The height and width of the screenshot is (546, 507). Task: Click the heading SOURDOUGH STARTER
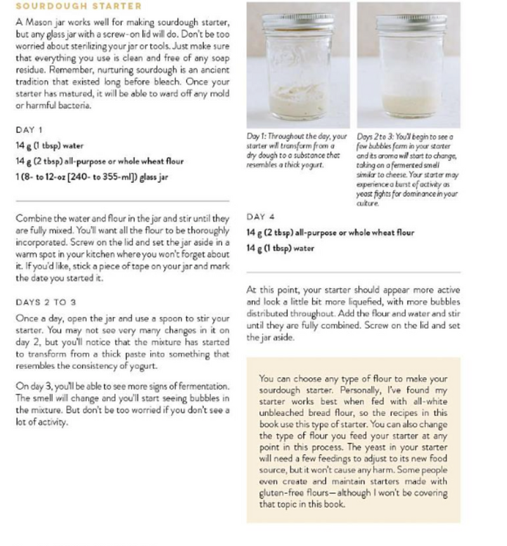[x=79, y=6]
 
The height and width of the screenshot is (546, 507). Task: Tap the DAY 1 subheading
[x=29, y=130]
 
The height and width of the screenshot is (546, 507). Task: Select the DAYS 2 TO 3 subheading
[x=46, y=302]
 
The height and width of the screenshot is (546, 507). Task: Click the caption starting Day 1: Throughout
[x=297, y=151]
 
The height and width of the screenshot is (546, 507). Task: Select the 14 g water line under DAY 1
[x=49, y=146]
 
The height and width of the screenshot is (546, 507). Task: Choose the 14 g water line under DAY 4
[x=280, y=248]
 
